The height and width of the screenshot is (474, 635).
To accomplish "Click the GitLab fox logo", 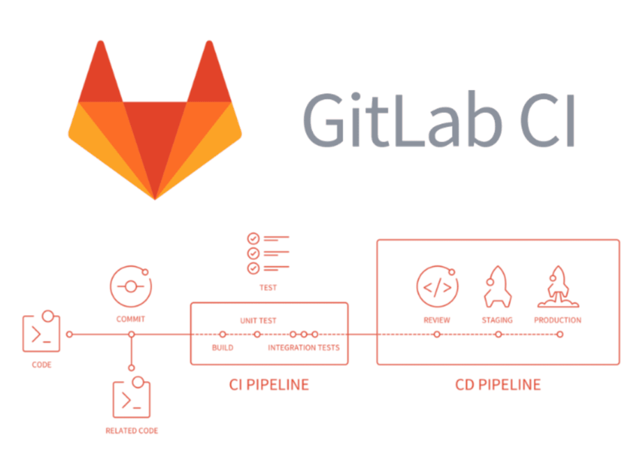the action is coord(154,120).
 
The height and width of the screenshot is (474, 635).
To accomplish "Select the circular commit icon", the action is coord(131,286).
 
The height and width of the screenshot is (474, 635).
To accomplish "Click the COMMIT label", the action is coord(130,320).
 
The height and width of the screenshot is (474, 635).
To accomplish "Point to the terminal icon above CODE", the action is coord(42,331).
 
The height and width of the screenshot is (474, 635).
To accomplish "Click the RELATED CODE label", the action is coord(131,431).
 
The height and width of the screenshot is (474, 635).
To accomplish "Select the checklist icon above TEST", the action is coord(268,253).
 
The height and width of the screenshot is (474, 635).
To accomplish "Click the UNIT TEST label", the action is coord(258,321).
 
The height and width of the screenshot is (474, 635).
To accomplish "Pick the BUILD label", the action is coord(223,347).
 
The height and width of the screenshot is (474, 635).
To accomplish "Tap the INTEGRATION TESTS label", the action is coord(304,347).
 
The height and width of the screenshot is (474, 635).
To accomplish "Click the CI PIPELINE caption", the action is coord(269,385).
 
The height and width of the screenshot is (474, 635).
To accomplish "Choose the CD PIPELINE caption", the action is coord(498,385).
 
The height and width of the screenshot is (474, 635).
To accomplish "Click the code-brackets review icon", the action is coord(437,287).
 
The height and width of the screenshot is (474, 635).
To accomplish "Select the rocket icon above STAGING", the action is coord(497,287).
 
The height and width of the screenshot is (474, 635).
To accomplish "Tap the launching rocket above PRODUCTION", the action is coord(558,287).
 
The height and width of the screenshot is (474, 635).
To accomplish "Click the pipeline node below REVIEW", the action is coord(437,334).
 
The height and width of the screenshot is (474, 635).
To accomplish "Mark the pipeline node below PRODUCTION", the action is coord(560,334).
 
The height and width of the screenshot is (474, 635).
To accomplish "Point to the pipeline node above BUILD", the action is coord(223,334).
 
